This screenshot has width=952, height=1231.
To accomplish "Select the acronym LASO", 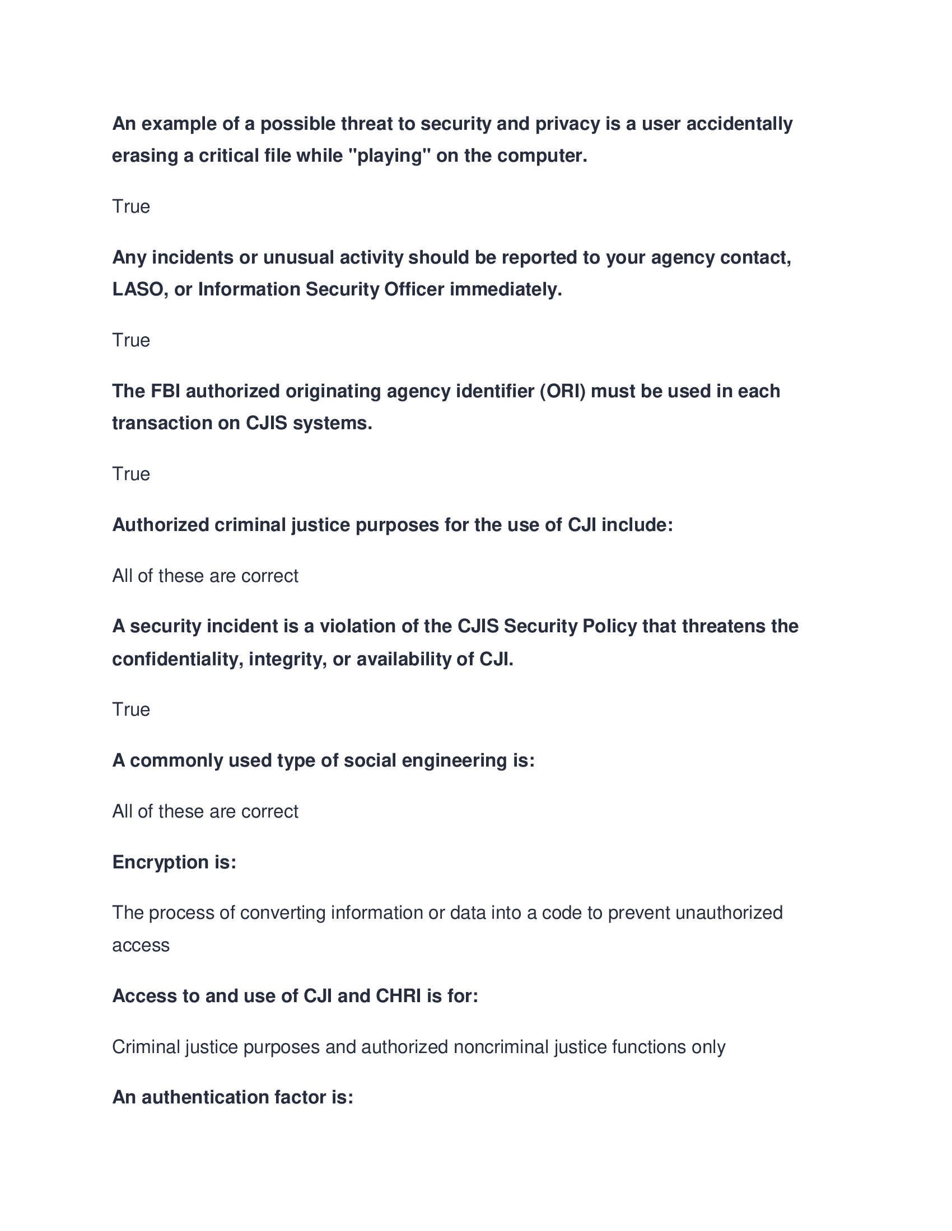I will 138,289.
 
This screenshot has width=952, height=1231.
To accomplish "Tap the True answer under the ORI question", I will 131,474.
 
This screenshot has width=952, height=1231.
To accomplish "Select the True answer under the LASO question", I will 131,340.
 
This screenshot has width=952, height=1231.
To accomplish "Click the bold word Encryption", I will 160,862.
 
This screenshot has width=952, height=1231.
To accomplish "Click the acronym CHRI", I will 398,996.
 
